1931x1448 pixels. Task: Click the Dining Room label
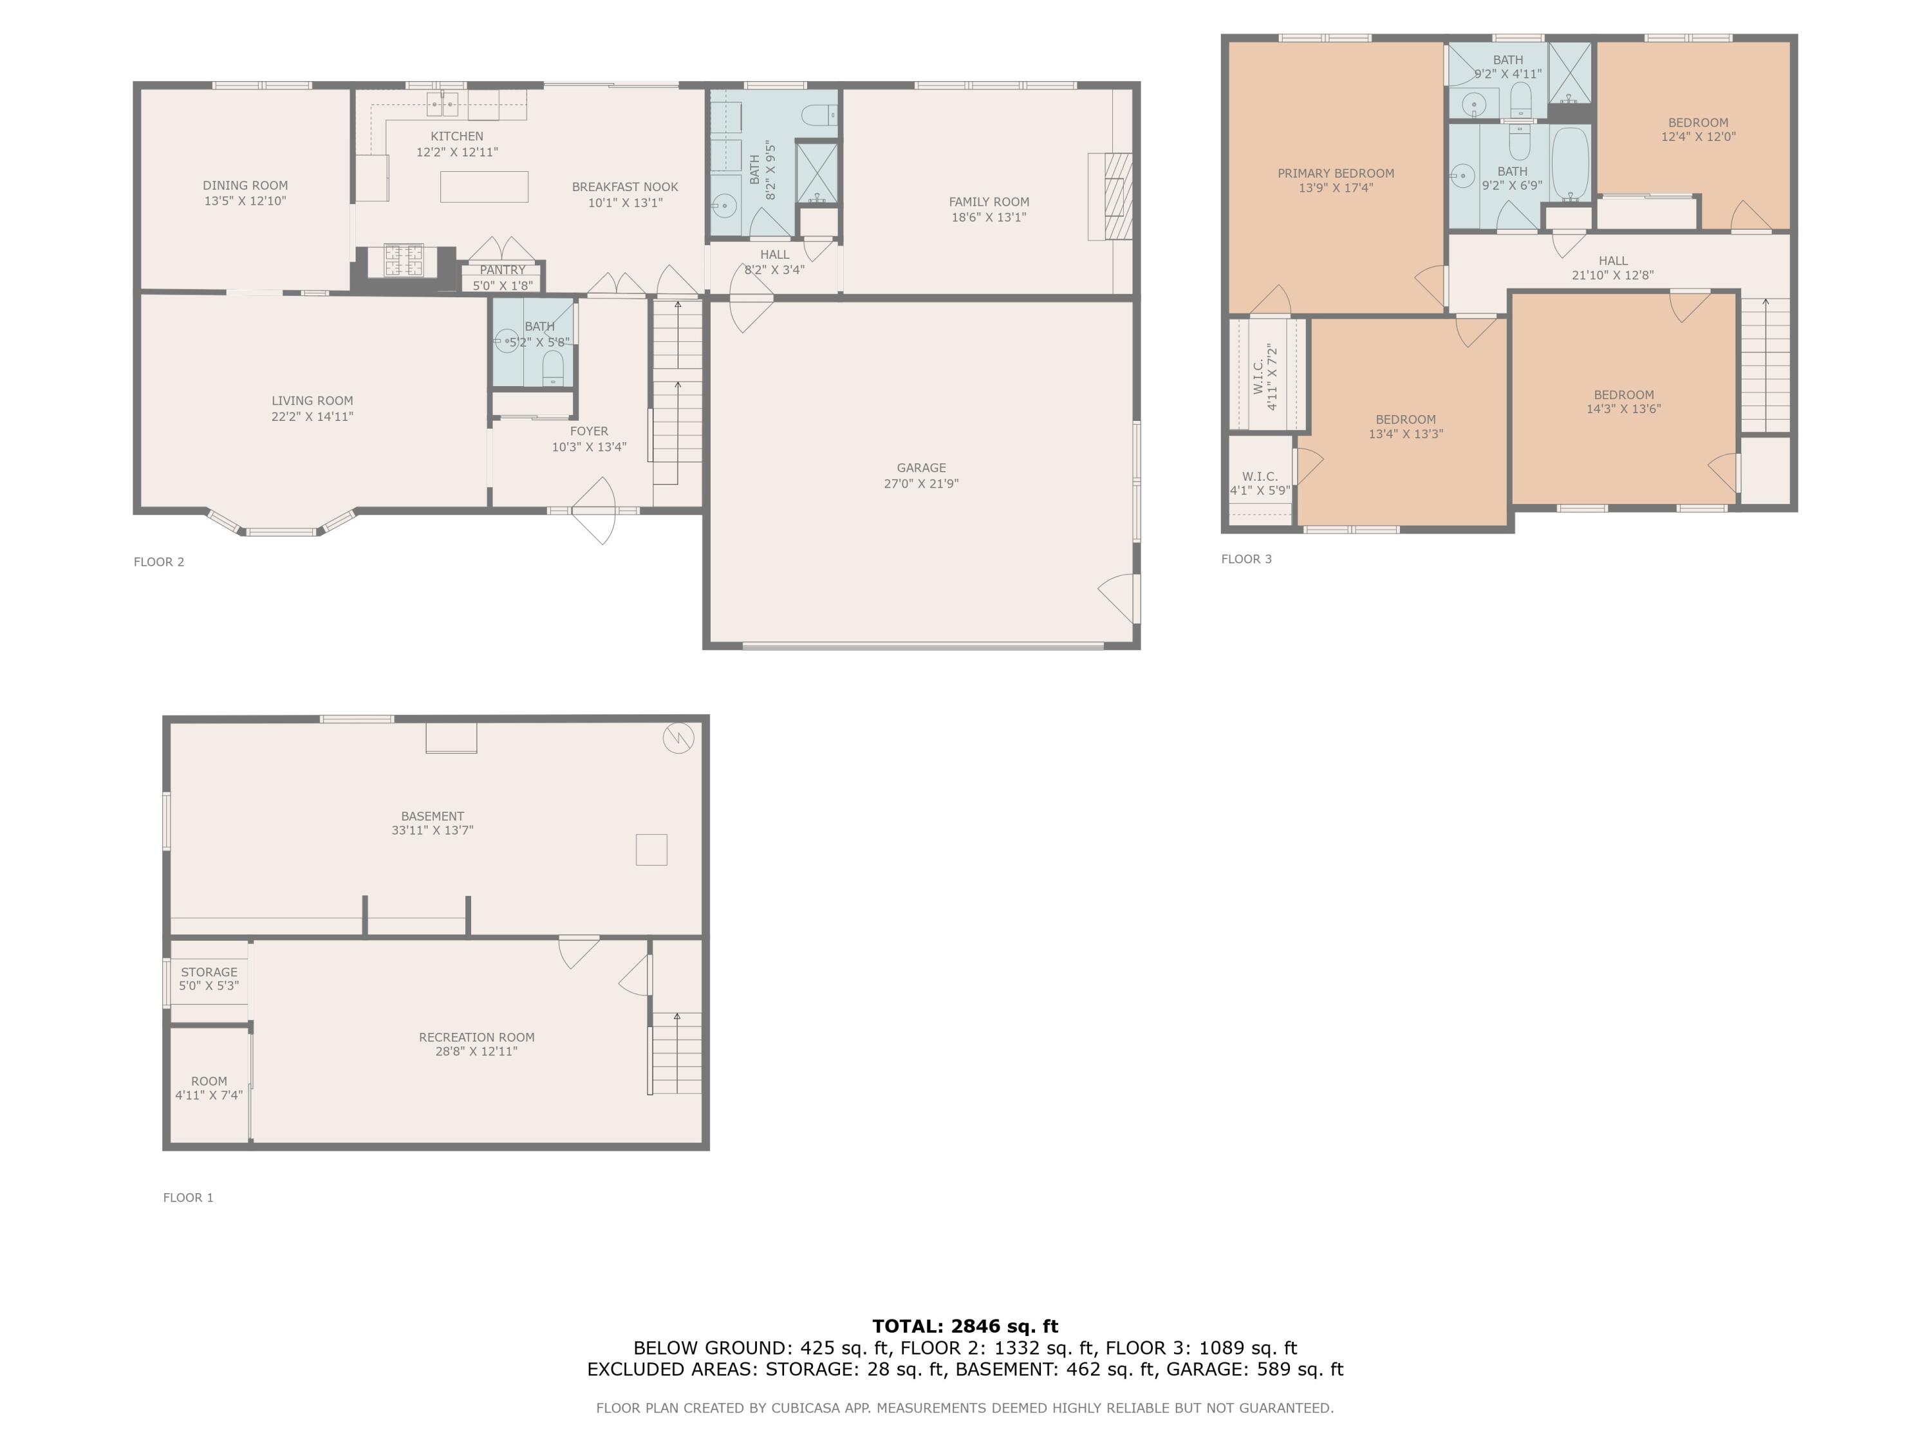pos(245,185)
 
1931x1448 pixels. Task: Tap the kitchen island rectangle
pos(483,187)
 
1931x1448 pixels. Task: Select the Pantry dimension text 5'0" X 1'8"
pos(502,285)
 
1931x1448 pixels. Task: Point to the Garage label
pos(921,468)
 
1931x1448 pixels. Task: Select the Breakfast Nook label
pos(624,187)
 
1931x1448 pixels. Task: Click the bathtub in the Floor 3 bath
pos(1571,164)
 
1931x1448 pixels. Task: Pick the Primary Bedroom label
pos(1336,174)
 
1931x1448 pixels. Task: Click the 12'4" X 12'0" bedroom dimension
pos(1698,137)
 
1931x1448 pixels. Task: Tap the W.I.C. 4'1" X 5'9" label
pos(1260,483)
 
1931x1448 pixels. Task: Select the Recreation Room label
pos(477,1037)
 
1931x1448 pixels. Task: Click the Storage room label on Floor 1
pos(209,971)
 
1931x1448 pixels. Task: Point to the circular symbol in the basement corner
pos(678,738)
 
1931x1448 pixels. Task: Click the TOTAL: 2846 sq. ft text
pos(965,1326)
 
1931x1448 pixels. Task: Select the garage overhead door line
pos(923,646)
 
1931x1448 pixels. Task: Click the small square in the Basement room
pos(651,849)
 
